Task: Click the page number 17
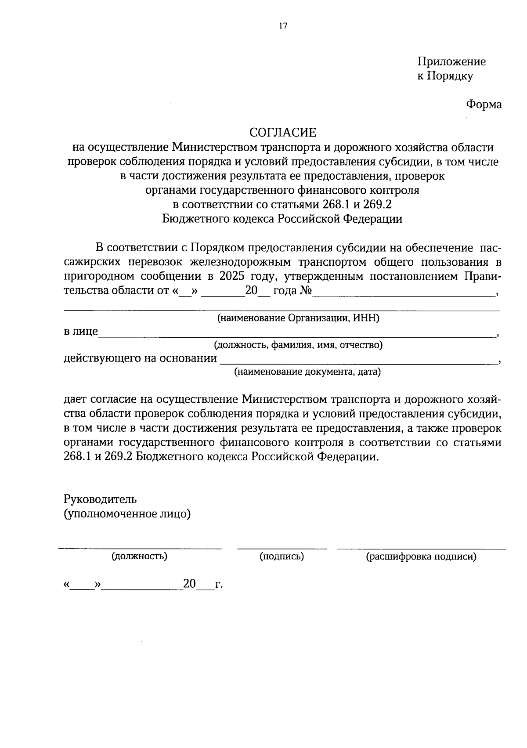pos(282,26)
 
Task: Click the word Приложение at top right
pos(451,61)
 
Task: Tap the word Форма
pos(484,105)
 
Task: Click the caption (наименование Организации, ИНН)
pos(298,318)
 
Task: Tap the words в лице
pos(81,332)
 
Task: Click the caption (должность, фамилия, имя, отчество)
pos(298,345)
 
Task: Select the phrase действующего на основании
pos(141,358)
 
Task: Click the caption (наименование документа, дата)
pos(307,372)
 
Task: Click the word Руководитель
pos(100,499)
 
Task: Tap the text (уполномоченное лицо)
pos(127,513)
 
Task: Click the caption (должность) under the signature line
pos(140,556)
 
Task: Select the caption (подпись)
pos(282,556)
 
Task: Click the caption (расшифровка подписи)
pos(421,557)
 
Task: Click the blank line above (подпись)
pos(282,548)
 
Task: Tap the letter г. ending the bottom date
pos(219,585)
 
